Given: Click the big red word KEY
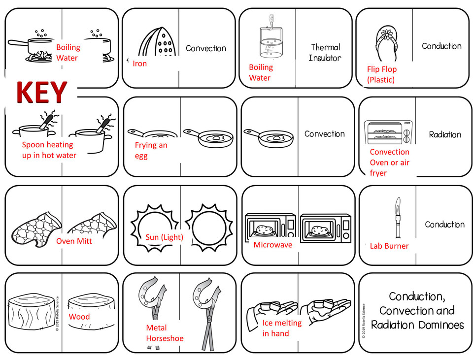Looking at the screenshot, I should click(x=41, y=93).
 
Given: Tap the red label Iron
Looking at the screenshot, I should click(x=140, y=64).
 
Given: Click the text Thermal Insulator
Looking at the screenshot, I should click(x=325, y=53).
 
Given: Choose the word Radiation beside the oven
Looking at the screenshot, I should click(x=445, y=134).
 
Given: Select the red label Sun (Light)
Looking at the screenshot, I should click(x=164, y=237).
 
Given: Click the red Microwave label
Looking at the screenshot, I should click(x=272, y=244).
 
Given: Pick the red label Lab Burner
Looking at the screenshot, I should click(x=389, y=246).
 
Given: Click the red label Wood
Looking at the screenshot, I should click(x=79, y=317).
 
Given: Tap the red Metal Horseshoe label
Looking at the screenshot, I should click(x=165, y=333).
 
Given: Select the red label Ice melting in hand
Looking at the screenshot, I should click(x=282, y=328).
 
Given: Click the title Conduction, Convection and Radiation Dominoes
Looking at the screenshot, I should click(x=417, y=311).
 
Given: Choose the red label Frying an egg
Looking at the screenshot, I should click(x=151, y=150).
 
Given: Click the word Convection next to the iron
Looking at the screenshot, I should click(x=206, y=48).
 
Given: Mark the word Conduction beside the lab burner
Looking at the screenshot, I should click(x=444, y=224).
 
